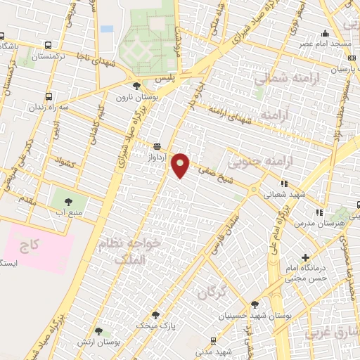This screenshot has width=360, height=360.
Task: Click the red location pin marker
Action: click(x=181, y=165)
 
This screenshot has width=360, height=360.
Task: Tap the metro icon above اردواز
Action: click(x=157, y=146)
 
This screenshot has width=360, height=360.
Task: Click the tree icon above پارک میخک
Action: click(x=155, y=315)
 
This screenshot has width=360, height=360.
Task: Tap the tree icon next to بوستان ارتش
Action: click(x=98, y=330)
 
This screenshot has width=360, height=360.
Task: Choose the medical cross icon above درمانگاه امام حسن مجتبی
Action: click(x=304, y=258)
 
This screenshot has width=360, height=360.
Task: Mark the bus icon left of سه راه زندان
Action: click(x=48, y=96)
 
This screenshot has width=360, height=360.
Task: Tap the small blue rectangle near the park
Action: click(x=107, y=29)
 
